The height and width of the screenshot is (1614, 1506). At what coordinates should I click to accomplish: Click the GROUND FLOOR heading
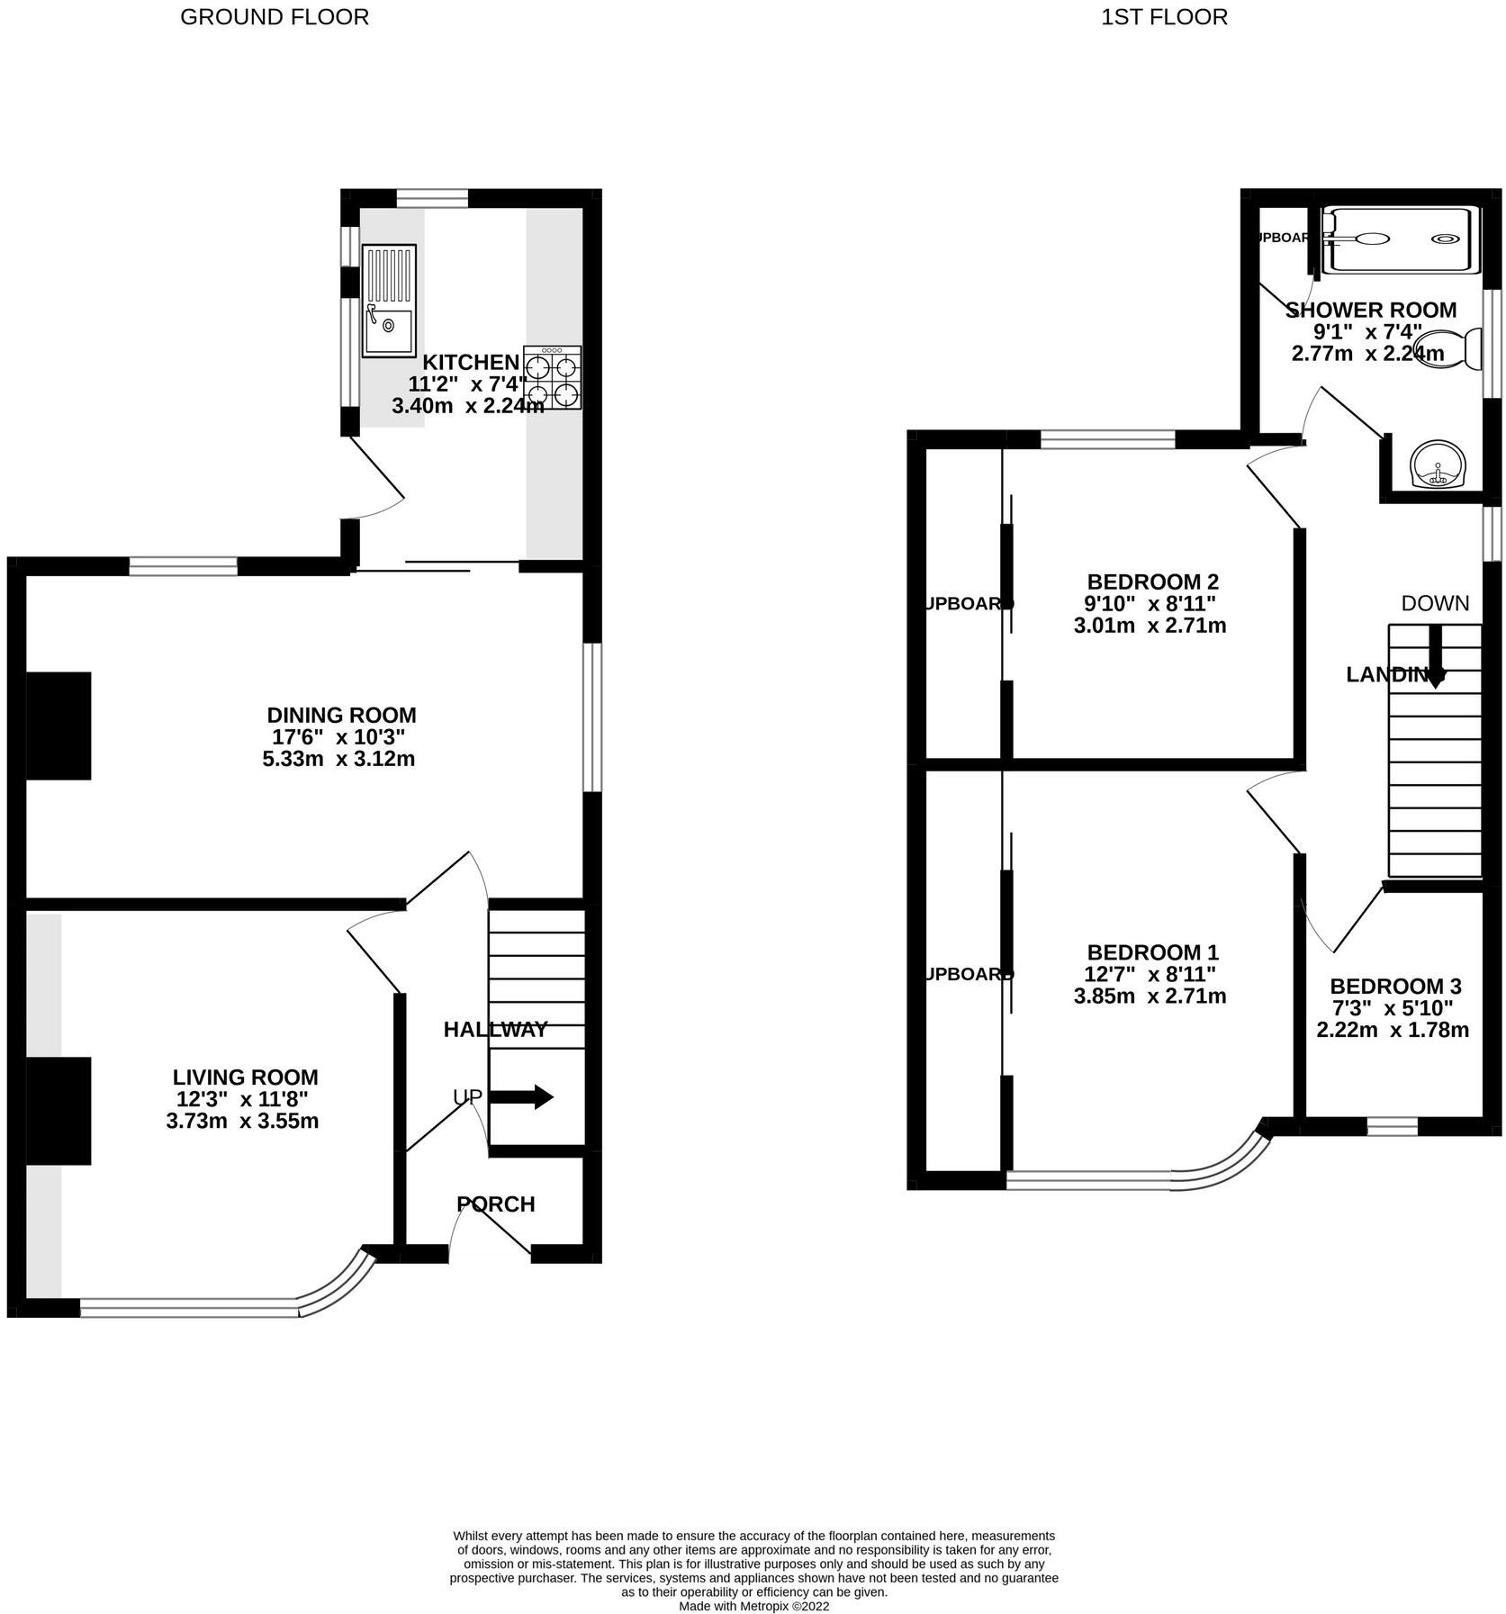pos(275,17)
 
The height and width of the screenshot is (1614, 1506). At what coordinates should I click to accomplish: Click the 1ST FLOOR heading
pos(1164,17)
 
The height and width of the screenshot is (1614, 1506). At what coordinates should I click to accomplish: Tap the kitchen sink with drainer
pos(389,300)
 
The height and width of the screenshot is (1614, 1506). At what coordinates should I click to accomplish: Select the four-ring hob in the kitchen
pos(552,378)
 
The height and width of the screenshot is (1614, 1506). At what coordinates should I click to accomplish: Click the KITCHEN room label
pos(471,363)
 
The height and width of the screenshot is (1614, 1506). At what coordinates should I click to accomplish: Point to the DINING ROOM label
pos(341,716)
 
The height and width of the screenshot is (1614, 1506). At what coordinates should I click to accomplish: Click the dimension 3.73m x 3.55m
pos(242,1122)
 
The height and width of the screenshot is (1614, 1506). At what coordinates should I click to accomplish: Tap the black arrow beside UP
pos(521,1097)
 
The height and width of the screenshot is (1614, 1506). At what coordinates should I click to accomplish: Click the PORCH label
pos(495,1204)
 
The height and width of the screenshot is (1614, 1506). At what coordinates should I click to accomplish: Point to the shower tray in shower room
pos(1401,239)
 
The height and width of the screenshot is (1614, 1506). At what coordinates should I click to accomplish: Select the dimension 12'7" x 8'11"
pos(1150,974)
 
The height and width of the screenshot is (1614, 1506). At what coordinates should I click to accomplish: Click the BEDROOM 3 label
pos(1394,986)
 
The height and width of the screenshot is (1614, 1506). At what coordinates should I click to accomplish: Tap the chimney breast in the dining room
pos(59,726)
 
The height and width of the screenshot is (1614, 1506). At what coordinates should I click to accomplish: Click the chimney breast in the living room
pos(59,1111)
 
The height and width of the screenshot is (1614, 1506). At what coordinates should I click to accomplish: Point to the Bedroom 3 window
pos(1392,1125)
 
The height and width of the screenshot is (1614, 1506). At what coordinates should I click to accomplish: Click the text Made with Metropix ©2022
pos(753,1605)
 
